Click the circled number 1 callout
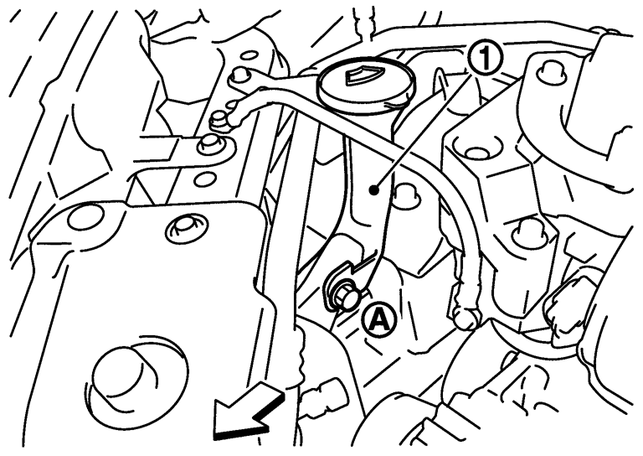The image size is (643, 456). tap(486, 59)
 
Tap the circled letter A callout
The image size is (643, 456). tap(378, 319)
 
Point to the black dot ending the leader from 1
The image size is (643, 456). tap(373, 190)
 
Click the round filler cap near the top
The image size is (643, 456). tap(366, 87)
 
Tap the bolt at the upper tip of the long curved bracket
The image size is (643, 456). tap(240, 76)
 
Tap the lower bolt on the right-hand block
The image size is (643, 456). tap(529, 232)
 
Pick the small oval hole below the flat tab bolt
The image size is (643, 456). tap(206, 179)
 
